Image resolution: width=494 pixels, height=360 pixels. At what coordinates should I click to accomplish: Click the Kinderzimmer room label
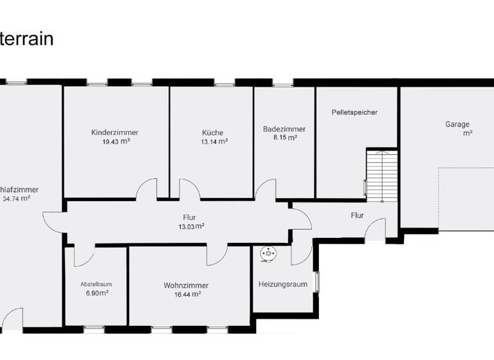pos(115,132)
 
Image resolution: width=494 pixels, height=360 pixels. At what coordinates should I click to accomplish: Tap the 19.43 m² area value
pos(116,141)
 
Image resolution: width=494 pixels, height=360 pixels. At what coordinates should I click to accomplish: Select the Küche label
pos(212,133)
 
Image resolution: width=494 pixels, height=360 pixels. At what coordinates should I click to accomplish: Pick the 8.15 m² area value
pos(284,138)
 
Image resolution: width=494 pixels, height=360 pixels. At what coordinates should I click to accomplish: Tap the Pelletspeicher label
pos(354,112)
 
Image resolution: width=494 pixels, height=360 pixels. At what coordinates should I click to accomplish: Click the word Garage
pos(457,124)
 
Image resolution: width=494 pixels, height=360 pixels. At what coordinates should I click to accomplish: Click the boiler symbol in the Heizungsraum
pos(267,255)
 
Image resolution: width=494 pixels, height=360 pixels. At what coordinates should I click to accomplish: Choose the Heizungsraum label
pos(282,284)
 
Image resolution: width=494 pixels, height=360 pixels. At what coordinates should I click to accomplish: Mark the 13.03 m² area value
pos(191,226)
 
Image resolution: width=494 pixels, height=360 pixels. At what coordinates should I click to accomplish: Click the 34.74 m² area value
pos(17,199)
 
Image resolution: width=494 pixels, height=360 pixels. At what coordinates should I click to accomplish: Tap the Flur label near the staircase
pos(358,215)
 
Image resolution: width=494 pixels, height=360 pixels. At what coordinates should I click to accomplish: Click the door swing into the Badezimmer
pos(265,190)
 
